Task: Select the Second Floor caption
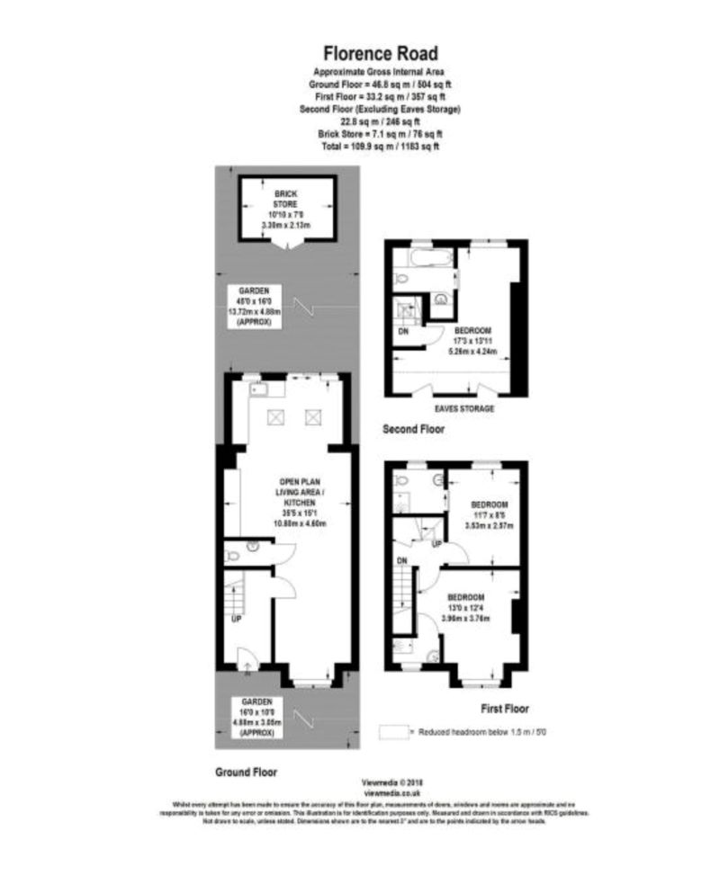click(413, 430)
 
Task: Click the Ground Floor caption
click(246, 772)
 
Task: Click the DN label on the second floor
click(402, 330)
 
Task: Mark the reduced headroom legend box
click(393, 732)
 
